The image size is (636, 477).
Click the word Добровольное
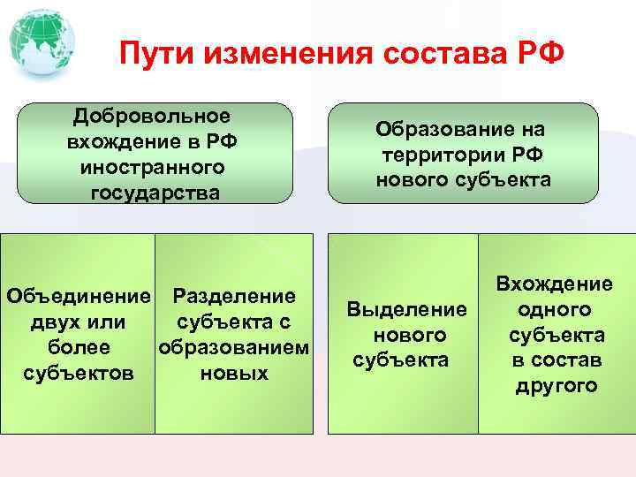152,117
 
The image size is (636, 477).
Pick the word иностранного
152,167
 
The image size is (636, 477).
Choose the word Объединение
79,296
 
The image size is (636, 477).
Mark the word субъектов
79,373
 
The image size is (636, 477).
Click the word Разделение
234,296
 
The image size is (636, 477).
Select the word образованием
234,347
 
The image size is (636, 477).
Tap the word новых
234,373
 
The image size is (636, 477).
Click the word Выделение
406,309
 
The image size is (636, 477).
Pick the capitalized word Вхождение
555,284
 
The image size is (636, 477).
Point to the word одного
555,309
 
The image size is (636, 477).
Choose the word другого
555,386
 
